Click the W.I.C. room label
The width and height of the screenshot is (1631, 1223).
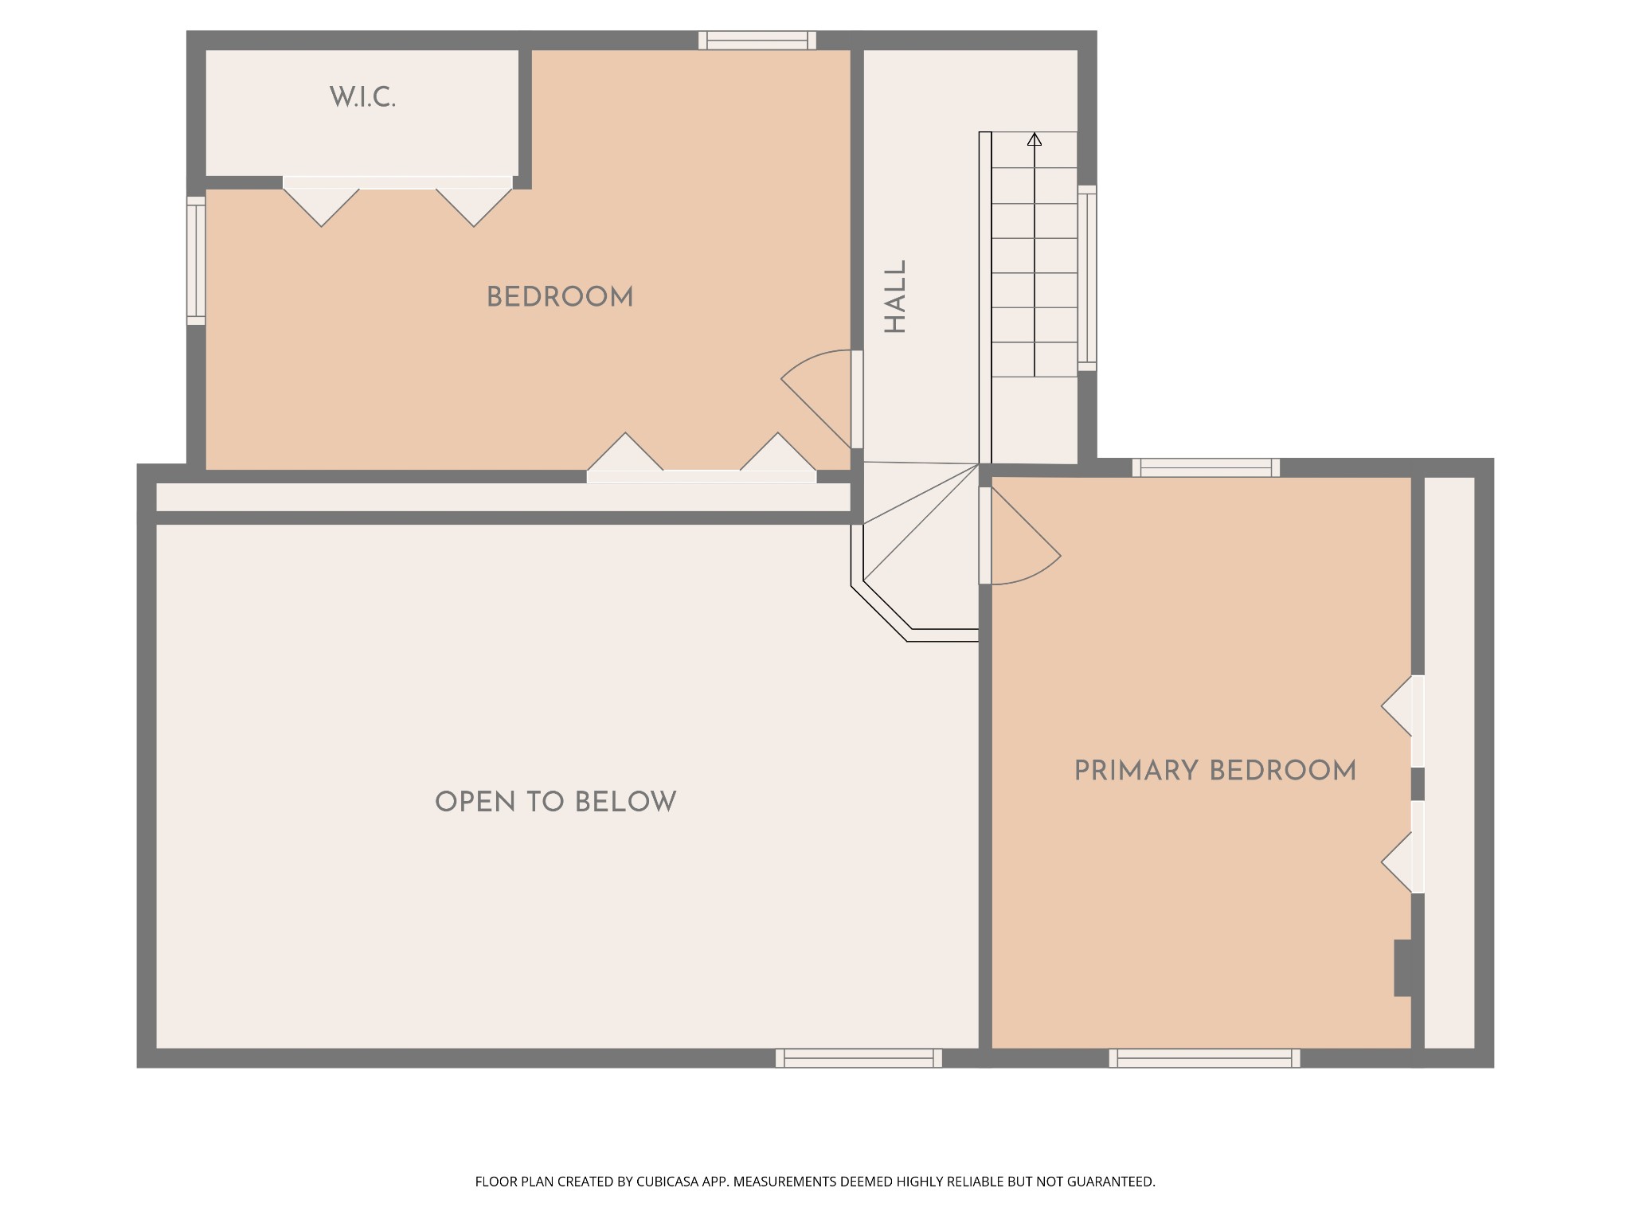362,98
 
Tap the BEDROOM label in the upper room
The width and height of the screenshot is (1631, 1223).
560,298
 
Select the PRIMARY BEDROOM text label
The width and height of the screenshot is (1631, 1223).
1215,771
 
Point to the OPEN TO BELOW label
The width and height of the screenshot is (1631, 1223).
556,802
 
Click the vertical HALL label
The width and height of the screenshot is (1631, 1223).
896,297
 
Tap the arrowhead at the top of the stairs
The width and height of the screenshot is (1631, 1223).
1035,139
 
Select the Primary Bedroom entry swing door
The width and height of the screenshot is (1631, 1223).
1023,536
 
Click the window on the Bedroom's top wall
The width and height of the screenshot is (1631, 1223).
757,40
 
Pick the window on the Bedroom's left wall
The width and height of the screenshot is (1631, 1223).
196,260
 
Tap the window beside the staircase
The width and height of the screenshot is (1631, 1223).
1087,278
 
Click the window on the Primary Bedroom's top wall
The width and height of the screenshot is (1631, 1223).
1207,467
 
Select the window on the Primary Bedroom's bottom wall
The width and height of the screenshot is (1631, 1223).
1205,1058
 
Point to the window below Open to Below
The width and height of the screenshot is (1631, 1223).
859,1058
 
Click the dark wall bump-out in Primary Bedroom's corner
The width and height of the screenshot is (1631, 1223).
1403,968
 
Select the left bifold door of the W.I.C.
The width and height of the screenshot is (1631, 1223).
322,202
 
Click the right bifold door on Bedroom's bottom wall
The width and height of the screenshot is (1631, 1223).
778,457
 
